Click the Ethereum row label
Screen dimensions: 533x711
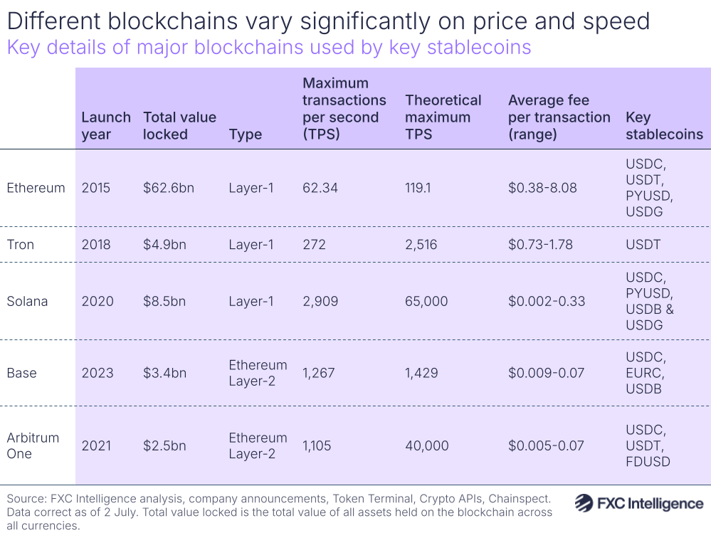click(x=36, y=188)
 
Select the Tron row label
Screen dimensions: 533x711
click(x=21, y=245)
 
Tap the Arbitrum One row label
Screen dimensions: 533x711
click(x=33, y=445)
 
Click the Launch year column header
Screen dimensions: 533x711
click(x=106, y=125)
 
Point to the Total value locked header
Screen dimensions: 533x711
click(x=179, y=125)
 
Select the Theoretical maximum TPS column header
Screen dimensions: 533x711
click(x=443, y=117)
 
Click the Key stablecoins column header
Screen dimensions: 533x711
click(x=663, y=125)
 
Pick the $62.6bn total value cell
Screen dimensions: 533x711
click(x=169, y=188)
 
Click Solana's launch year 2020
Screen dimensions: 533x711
click(x=98, y=302)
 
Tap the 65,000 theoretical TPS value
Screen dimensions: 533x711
click(x=426, y=302)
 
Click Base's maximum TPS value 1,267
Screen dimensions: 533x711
click(x=318, y=373)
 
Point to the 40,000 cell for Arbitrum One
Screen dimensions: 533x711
click(x=427, y=446)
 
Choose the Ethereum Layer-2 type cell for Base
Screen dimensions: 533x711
click(x=258, y=373)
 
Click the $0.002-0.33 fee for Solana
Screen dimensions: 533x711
click(x=547, y=302)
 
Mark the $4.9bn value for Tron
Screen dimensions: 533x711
click(x=164, y=245)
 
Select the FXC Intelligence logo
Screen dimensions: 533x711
click(x=638, y=504)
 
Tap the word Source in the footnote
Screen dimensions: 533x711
click(x=26, y=498)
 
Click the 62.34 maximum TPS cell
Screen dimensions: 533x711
click(x=320, y=188)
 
